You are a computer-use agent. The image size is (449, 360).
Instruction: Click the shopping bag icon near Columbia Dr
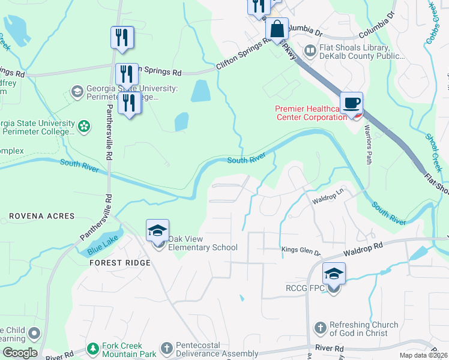pos(277,29)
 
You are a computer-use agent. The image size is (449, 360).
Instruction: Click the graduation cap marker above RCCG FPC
pos(334,274)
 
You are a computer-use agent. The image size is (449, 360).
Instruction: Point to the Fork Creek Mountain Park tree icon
pos(92,348)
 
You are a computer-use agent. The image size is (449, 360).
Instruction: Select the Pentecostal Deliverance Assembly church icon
pos(167,348)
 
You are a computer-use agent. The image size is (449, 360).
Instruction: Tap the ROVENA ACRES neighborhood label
pos(42,216)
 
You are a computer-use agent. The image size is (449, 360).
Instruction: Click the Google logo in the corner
pos(20,353)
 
